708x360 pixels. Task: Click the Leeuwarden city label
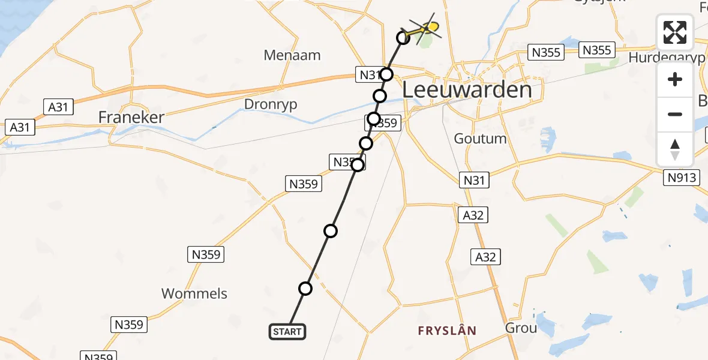tap(466, 90)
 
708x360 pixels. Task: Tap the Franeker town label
tap(131, 117)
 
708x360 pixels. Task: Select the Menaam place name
tap(292, 55)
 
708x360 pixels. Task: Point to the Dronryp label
tap(271, 104)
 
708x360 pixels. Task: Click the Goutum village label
tap(480, 139)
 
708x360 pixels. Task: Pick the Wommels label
tap(194, 293)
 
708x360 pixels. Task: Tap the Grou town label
tap(521, 328)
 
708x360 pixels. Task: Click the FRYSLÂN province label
tap(448, 331)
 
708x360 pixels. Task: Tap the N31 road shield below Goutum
tap(474, 179)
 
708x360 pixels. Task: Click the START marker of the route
tap(287, 331)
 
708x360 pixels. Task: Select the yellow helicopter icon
tap(425, 27)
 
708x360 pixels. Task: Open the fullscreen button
tap(675, 32)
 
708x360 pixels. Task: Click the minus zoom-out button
tap(675, 114)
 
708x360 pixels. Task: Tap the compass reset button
tap(675, 149)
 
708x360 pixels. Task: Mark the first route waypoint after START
tap(305, 289)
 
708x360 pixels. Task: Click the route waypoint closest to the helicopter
tap(403, 38)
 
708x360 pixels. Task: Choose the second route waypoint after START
tap(331, 230)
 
